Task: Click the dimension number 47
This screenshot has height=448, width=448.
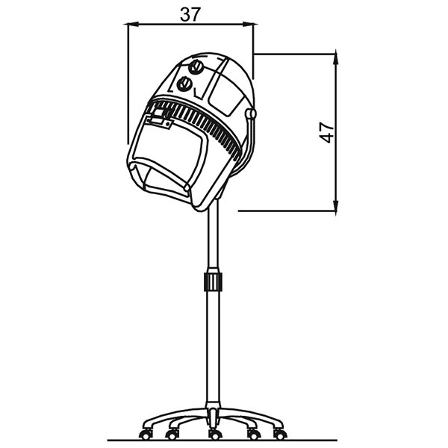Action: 326,133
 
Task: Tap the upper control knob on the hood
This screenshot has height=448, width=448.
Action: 196,67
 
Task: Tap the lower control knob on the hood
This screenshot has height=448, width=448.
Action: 184,84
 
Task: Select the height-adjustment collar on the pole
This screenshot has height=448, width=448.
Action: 213,281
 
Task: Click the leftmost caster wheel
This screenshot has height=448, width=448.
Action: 146,435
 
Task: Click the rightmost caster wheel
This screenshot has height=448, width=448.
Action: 280,434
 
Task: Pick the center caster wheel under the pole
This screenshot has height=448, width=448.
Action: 215,435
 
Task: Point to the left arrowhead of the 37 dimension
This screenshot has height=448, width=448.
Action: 132,25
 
